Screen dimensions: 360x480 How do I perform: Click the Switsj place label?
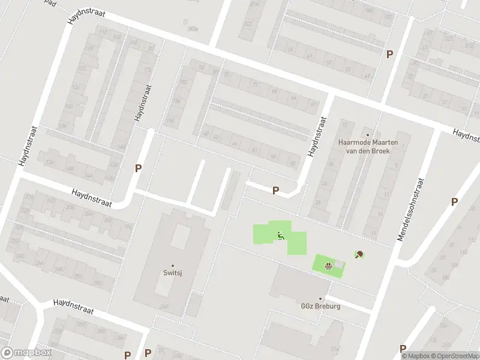[x=173, y=273]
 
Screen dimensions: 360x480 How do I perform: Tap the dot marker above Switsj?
[x=173, y=265]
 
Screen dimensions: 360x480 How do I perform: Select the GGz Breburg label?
[x=320, y=306]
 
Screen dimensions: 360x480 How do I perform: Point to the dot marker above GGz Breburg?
[x=320, y=298]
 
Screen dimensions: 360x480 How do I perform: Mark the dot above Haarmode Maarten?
[x=368, y=134]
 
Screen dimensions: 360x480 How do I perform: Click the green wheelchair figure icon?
[x=280, y=236]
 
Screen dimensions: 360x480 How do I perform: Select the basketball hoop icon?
[x=328, y=266]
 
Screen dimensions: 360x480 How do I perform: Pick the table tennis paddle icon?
[x=359, y=255]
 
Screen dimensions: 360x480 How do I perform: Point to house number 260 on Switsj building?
[x=164, y=307]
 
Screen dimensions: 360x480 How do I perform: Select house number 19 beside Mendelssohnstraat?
[x=373, y=233]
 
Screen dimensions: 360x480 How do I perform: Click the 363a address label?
[x=193, y=28]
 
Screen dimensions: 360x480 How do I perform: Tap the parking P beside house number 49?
[x=389, y=54]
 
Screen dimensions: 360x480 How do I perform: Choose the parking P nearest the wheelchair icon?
[x=275, y=191]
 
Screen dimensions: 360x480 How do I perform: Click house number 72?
[x=255, y=85]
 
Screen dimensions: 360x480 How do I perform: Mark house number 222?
[x=248, y=24]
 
